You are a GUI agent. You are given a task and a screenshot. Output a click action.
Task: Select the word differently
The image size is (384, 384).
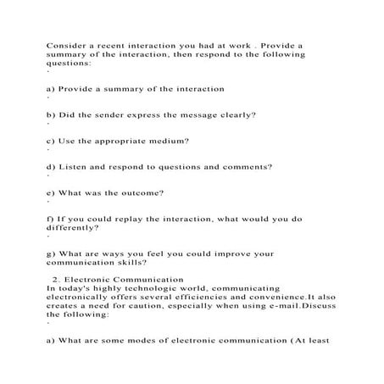click(x=73, y=228)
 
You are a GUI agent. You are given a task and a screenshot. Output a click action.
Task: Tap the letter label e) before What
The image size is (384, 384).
click(x=51, y=192)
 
